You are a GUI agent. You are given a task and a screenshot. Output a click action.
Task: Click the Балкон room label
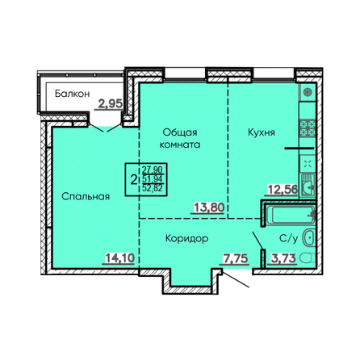[x=72, y=93]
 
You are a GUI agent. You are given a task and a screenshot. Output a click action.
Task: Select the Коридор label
[x=188, y=238]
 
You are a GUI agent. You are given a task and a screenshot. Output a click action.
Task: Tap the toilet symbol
[x=306, y=258]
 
